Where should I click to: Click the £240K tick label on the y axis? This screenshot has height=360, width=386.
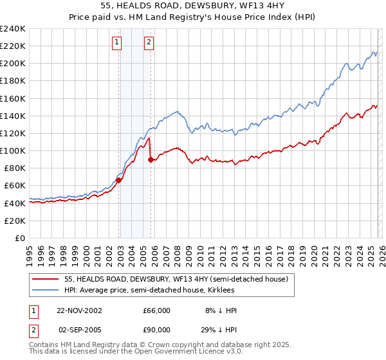[12, 29]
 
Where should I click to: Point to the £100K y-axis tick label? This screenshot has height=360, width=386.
[12, 150]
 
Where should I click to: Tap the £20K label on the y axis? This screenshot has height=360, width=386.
[14, 221]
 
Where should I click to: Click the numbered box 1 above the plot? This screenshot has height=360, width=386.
[117, 43]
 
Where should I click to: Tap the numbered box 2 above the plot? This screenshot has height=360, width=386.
[149, 43]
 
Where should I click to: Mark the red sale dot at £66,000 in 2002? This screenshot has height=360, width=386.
[119, 181]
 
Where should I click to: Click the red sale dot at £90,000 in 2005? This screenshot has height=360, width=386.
[151, 160]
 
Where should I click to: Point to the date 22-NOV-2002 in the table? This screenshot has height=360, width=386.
[79, 310]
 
